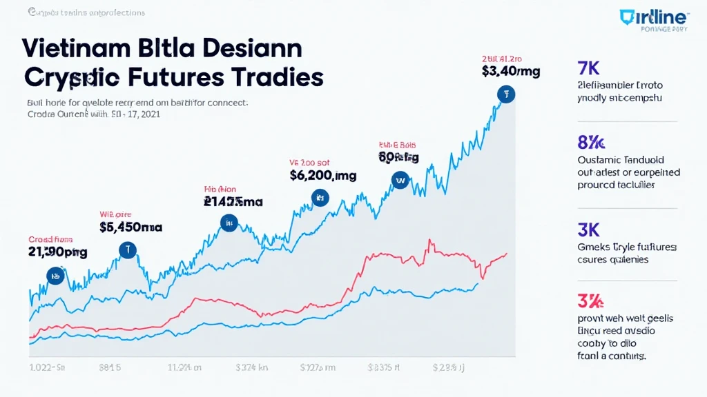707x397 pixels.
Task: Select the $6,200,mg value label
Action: coord(323,176)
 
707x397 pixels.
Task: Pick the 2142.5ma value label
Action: coord(233,202)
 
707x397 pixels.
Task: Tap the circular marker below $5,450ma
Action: coord(127,250)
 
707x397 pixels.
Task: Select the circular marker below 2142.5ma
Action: coord(229,222)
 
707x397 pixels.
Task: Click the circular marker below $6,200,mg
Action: coord(320,198)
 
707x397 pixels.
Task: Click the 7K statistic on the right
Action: coord(589,69)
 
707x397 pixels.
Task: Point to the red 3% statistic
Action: coord(590,301)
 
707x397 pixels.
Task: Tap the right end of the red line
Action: coord(507,254)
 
